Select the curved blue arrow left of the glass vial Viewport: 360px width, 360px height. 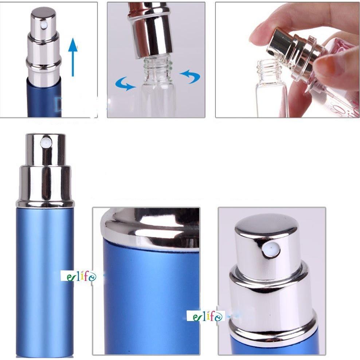125,83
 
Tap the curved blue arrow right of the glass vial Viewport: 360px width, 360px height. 190,76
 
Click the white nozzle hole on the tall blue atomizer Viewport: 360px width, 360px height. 46,142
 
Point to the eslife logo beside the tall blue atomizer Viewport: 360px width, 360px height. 78,276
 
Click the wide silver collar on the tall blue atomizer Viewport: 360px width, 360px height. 45,186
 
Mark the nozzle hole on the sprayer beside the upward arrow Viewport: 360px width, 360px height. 44,25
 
